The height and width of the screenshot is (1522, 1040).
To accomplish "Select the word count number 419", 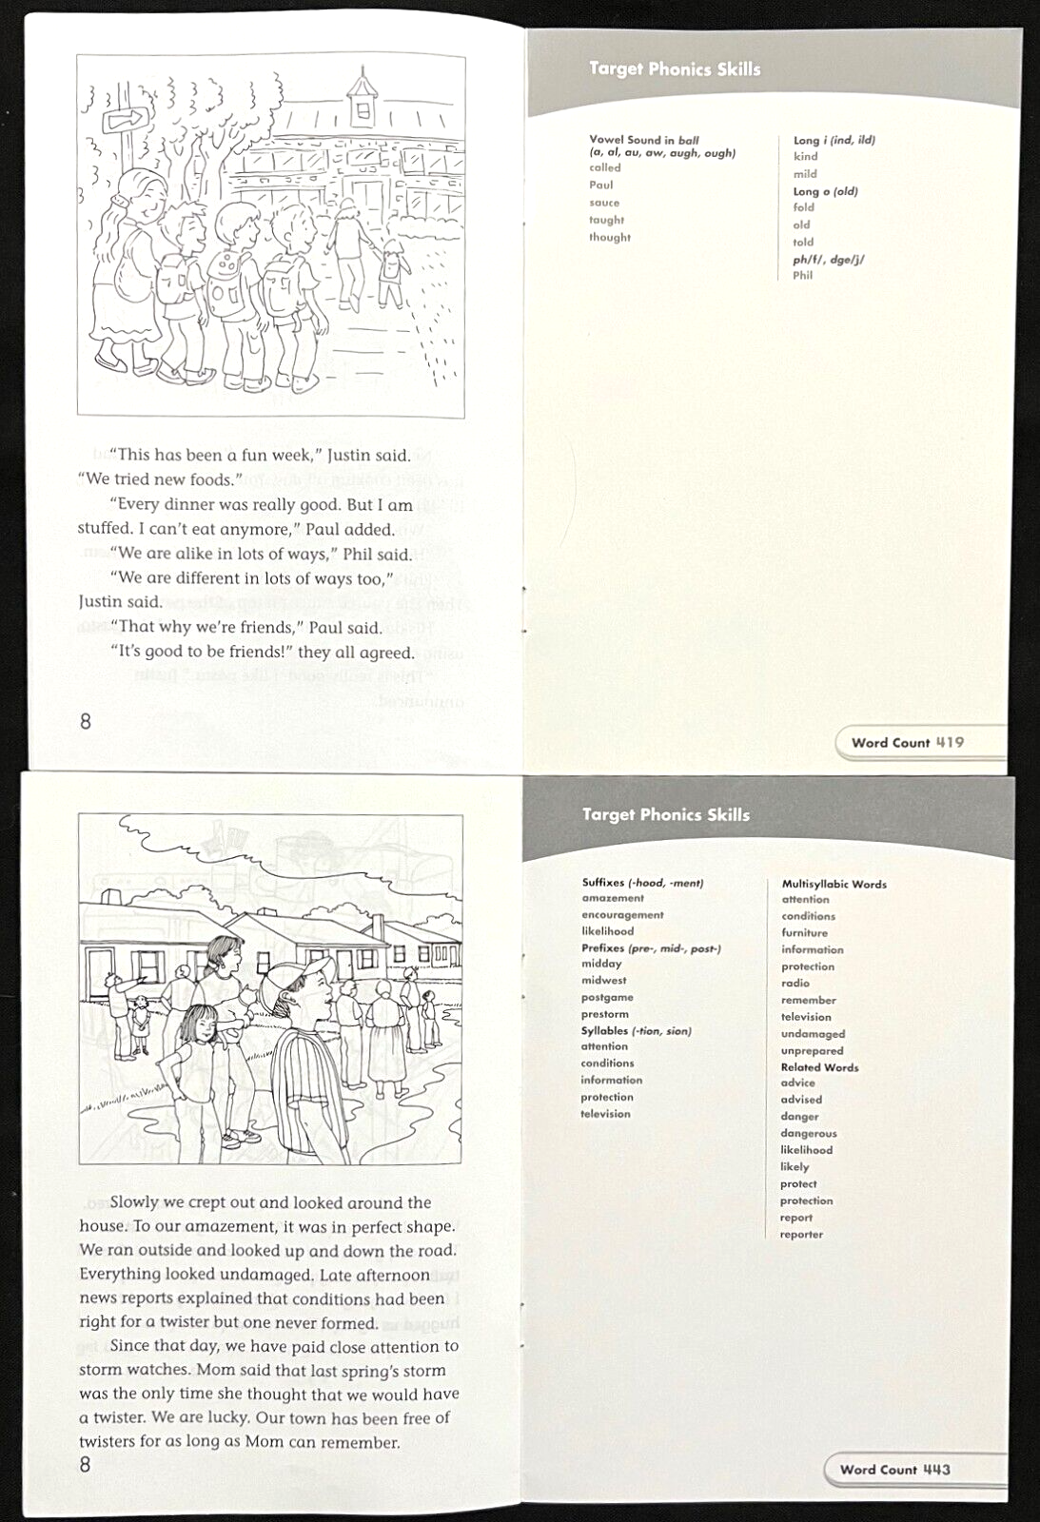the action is (x=950, y=742).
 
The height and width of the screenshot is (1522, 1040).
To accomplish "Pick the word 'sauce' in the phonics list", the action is (x=604, y=203).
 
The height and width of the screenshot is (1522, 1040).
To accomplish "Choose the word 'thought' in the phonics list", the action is (x=610, y=237).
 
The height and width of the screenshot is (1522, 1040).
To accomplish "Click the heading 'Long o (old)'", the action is (x=825, y=191).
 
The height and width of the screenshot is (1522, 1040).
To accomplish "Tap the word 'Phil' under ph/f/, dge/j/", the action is (x=803, y=275).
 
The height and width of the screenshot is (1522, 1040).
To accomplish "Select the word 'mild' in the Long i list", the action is (x=805, y=174).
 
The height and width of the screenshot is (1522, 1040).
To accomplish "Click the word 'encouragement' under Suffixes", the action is (x=622, y=914).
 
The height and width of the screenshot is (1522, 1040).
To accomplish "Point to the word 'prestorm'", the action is (x=605, y=1014).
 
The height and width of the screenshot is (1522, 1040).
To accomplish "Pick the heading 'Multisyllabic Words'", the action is (x=834, y=884).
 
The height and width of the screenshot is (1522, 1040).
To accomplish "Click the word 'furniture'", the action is (x=805, y=933).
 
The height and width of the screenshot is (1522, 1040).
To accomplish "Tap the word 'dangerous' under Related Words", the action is (x=808, y=1133).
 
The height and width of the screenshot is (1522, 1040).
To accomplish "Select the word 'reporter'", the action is (x=801, y=1234).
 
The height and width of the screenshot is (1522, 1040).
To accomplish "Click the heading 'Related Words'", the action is (x=820, y=1067).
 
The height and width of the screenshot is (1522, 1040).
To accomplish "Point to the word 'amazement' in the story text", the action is (x=226, y=1227).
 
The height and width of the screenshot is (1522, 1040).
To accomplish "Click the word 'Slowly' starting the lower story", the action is (x=134, y=1202).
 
